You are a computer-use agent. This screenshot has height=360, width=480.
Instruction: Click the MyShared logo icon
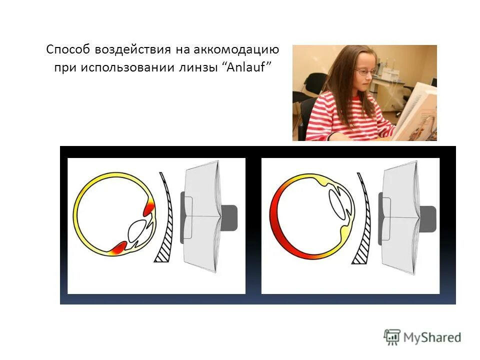(x=392, y=336)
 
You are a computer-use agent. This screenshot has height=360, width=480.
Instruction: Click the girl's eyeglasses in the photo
(x=364, y=72)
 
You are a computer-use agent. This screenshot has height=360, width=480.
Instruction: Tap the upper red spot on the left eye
(x=149, y=206)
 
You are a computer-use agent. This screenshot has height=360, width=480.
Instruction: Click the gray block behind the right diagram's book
(x=428, y=218)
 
